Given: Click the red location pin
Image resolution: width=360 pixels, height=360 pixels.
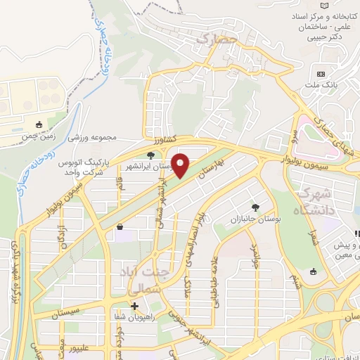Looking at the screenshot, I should click(x=181, y=166).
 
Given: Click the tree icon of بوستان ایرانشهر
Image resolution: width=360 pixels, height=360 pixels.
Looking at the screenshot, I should click(x=150, y=155).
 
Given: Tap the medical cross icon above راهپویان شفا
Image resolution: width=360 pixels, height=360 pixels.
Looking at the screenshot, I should click(x=134, y=306).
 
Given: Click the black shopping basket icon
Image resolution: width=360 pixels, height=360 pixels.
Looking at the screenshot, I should click(x=122, y=227).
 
